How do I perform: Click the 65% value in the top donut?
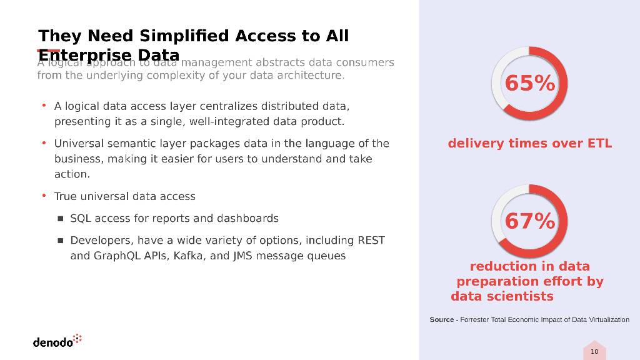pos(529,83)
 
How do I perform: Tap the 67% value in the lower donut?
pos(529,221)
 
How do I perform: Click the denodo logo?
pos(53,342)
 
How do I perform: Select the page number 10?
pos(594,352)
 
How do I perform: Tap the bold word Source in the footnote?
pos(442,319)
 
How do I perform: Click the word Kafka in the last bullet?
pos(189,256)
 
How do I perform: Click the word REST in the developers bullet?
pos(371,241)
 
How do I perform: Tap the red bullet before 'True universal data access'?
pos(44,196)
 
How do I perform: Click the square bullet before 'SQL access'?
pos(61,219)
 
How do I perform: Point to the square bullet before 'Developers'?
pos(61,241)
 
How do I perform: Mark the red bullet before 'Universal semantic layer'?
pos(44,144)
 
